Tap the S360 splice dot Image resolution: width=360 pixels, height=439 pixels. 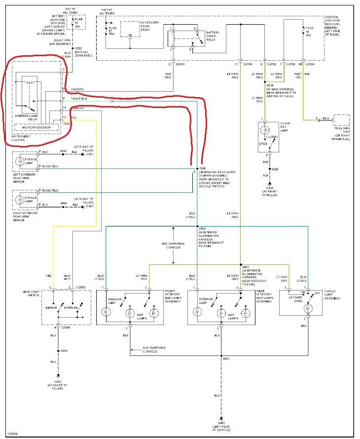[197, 169]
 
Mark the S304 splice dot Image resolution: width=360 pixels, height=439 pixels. [197, 226]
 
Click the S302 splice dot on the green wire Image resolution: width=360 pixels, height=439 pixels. [241, 264]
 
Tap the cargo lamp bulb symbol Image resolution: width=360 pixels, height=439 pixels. [308, 308]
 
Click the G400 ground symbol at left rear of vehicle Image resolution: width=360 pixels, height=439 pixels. [221, 417]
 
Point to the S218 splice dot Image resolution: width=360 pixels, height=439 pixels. [264, 82]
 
